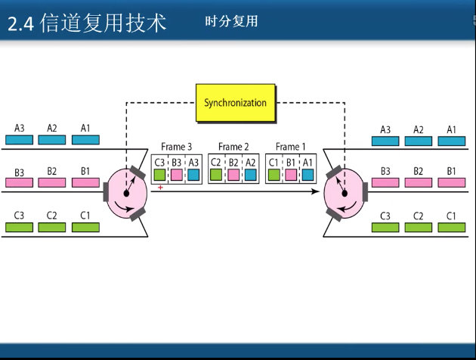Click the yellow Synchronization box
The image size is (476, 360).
236,102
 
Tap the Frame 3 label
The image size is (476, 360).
177,147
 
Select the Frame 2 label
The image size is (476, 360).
234,147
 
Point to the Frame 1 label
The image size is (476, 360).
292,147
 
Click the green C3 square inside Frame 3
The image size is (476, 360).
159,175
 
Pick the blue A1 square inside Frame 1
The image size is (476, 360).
308,175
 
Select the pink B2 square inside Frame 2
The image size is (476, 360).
233,175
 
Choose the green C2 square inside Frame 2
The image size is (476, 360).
216,175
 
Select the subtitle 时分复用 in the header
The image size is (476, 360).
231,22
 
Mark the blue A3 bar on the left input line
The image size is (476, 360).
19,140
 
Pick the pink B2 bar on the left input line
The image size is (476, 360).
52,183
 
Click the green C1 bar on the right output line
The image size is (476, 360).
452,227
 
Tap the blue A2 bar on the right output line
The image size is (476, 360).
419,140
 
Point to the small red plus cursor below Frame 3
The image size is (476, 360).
160,187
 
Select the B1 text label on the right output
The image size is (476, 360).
452,171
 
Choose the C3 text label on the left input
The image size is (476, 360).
19,216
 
